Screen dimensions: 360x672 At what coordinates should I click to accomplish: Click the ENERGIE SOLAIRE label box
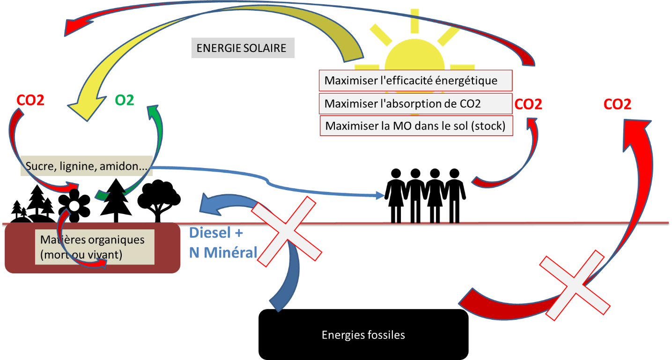coord(242,49)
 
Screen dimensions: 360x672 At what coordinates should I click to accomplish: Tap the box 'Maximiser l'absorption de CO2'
coord(415,103)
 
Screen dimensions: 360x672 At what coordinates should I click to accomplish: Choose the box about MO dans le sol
coord(416,126)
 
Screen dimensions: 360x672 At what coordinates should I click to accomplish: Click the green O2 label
coord(125,100)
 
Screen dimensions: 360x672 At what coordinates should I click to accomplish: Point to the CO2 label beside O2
coord(30,100)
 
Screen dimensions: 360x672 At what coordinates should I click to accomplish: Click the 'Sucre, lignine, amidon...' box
coord(87,166)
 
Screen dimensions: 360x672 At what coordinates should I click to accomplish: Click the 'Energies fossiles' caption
coord(363,335)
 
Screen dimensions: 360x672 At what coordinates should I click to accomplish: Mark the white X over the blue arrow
coord(287,231)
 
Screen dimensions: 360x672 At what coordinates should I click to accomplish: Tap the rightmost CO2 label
coord(617,104)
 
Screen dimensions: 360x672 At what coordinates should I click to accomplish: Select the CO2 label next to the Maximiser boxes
coord(528,104)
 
